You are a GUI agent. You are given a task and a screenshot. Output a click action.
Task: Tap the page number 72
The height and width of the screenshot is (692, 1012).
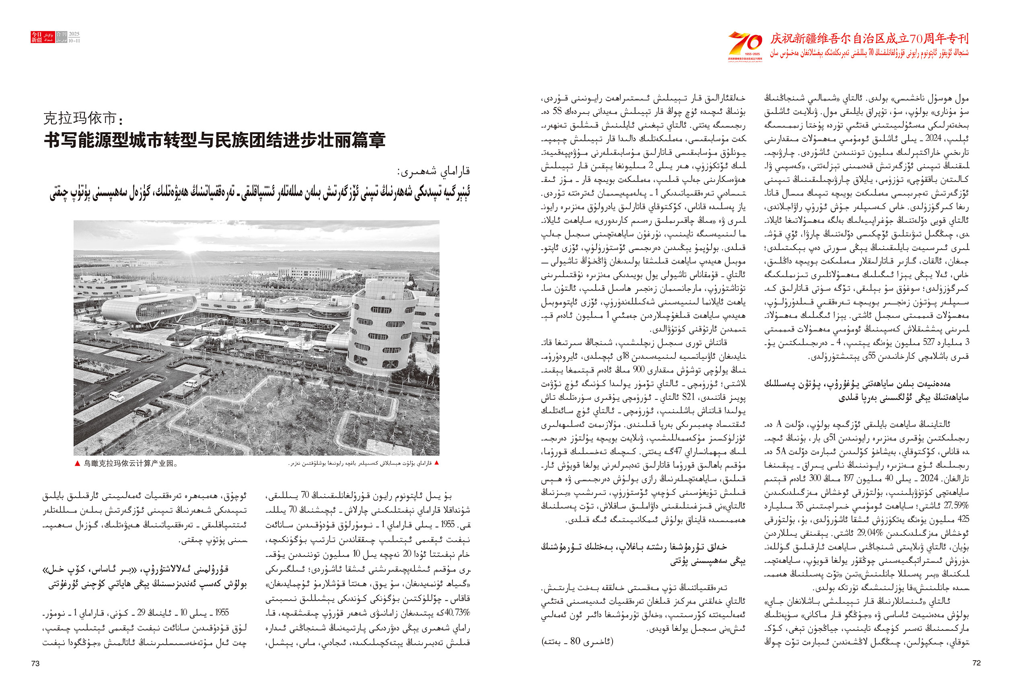click(x=976, y=662)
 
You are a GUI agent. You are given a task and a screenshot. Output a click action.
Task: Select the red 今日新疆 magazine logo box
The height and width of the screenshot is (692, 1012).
click(x=37, y=37)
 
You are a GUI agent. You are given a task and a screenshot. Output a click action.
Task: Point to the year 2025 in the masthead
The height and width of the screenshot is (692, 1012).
click(x=74, y=34)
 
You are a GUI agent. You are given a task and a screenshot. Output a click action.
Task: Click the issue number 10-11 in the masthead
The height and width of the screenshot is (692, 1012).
click(x=74, y=41)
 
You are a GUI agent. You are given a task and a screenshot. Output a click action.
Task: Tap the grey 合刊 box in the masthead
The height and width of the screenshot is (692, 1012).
click(x=62, y=34)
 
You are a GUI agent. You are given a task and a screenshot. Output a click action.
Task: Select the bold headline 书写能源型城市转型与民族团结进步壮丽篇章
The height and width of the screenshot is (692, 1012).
click(x=215, y=140)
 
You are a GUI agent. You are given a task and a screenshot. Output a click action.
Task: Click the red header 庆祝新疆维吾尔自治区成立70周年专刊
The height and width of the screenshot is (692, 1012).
click(x=869, y=38)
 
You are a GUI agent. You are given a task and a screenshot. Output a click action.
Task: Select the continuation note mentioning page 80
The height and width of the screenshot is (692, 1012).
click(x=577, y=641)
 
